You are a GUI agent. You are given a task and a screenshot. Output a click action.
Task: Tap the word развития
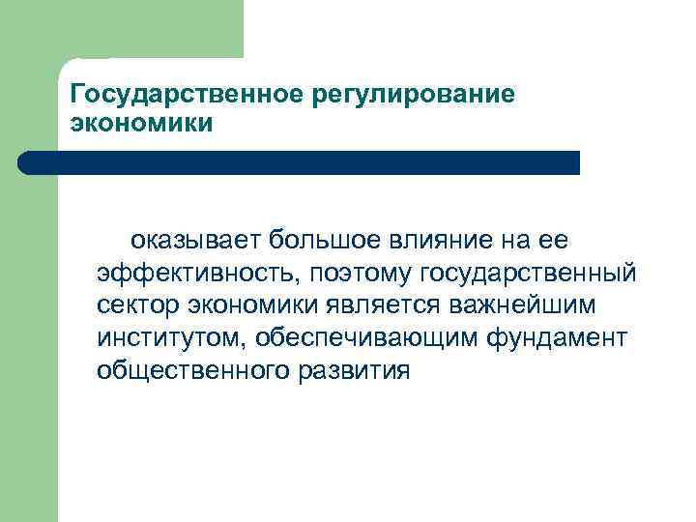point(357,370)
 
